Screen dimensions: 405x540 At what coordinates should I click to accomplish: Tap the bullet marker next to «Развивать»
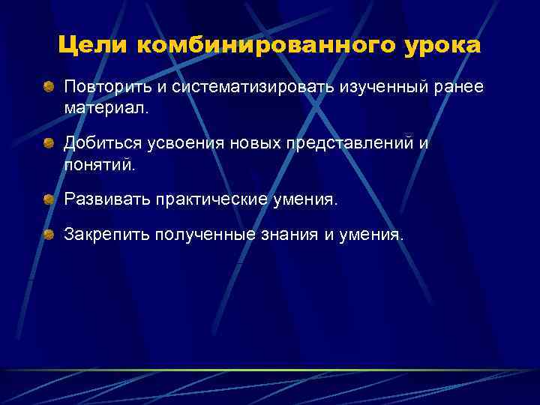48,199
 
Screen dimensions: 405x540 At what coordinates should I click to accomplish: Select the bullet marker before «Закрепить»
48,235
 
